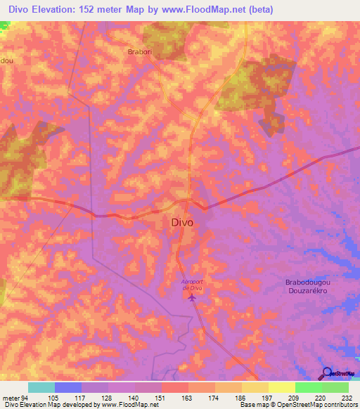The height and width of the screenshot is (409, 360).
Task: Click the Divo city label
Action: pyautogui.click(x=182, y=222)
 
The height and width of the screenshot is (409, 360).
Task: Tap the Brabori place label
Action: pyautogui.click(x=140, y=52)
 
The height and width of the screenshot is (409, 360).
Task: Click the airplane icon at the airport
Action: pyautogui.click(x=192, y=297)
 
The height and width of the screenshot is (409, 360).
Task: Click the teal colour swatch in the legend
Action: pyautogui.click(x=41, y=387)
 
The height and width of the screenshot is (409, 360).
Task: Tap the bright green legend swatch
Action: pyautogui.click(x=308, y=387)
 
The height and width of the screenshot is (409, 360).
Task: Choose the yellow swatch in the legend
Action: pyautogui.click(x=281, y=387)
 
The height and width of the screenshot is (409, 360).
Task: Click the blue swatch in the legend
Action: pyautogui.click(x=68, y=387)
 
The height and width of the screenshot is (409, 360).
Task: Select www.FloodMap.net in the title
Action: pyautogui.click(x=210, y=10)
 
